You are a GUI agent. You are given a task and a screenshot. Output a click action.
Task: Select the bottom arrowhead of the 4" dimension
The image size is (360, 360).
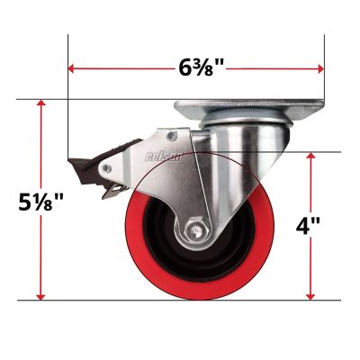311,296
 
